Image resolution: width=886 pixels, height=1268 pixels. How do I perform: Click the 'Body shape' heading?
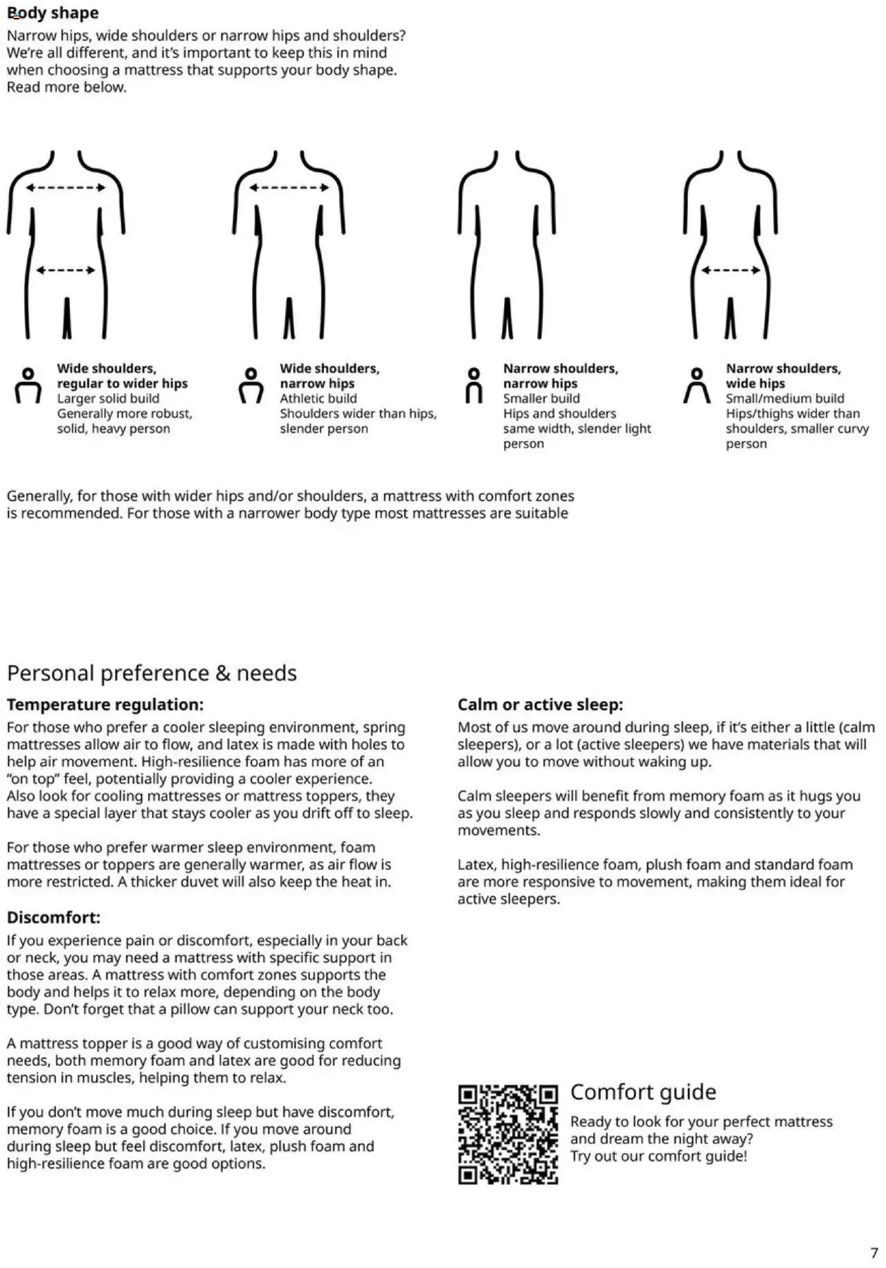(53, 13)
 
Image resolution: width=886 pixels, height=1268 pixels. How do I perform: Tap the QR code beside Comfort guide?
(507, 1134)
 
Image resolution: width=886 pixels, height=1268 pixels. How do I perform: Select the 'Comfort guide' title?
(642, 1092)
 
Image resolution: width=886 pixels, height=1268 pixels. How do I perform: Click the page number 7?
(874, 1253)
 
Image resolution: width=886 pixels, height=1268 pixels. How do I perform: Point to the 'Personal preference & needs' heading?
(152, 673)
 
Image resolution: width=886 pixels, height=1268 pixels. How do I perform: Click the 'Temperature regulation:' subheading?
(105, 705)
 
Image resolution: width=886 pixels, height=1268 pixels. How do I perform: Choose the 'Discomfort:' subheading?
(53, 918)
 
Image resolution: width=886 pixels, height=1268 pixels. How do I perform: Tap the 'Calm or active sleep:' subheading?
(540, 705)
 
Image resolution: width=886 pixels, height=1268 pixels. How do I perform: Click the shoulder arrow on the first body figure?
(66, 188)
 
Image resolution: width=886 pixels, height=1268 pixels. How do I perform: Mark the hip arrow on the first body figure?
(66, 270)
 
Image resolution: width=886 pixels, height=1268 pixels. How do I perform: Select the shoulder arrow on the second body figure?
(289, 188)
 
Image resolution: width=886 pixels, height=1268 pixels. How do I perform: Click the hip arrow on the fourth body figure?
(730, 270)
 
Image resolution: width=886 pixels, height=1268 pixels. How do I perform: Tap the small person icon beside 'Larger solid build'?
(28, 386)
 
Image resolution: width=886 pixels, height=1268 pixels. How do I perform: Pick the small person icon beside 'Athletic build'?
(251, 386)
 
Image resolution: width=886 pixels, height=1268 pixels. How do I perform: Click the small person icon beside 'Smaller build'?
(474, 386)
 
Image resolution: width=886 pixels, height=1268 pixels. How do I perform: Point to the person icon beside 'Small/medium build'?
(697, 386)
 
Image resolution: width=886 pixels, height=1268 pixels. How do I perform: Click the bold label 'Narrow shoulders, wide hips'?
(783, 376)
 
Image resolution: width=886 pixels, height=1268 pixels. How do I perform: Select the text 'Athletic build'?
(318, 399)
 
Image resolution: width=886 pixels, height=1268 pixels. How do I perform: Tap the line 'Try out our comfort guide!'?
(658, 1156)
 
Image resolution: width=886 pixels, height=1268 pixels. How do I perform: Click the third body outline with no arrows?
(507, 242)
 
